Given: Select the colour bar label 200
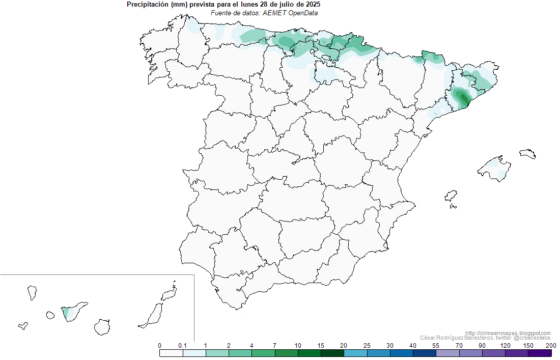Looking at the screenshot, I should (550, 346).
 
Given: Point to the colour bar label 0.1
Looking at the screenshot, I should (182, 346).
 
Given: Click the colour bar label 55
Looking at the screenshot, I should (436, 346).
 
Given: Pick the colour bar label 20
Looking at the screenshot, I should (344, 346).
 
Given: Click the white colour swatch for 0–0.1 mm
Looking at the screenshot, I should (171, 353).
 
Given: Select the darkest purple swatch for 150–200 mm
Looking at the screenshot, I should (540, 353).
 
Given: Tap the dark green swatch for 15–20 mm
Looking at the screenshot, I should (332, 353).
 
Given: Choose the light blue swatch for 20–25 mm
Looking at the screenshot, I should (355, 353).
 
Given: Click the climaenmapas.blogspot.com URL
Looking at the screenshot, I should (508, 333).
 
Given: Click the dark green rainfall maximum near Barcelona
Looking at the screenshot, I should (463, 97).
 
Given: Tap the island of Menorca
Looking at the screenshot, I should (528, 153).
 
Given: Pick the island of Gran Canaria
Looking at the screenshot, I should (103, 326).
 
